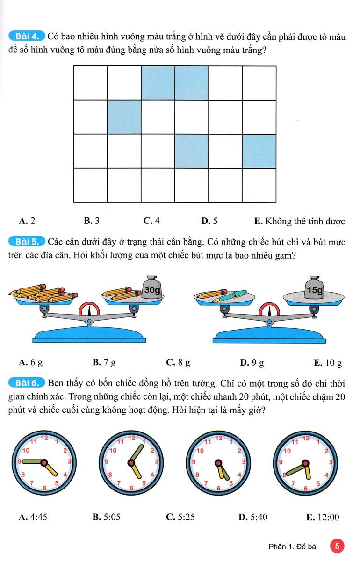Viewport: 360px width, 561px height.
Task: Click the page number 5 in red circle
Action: point(337,546)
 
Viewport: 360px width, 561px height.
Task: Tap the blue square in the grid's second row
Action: point(124,117)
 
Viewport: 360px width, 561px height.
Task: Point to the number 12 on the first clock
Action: point(44,439)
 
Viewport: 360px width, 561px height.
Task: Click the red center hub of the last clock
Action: point(305,463)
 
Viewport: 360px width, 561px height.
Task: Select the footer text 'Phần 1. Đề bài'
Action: point(295,546)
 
